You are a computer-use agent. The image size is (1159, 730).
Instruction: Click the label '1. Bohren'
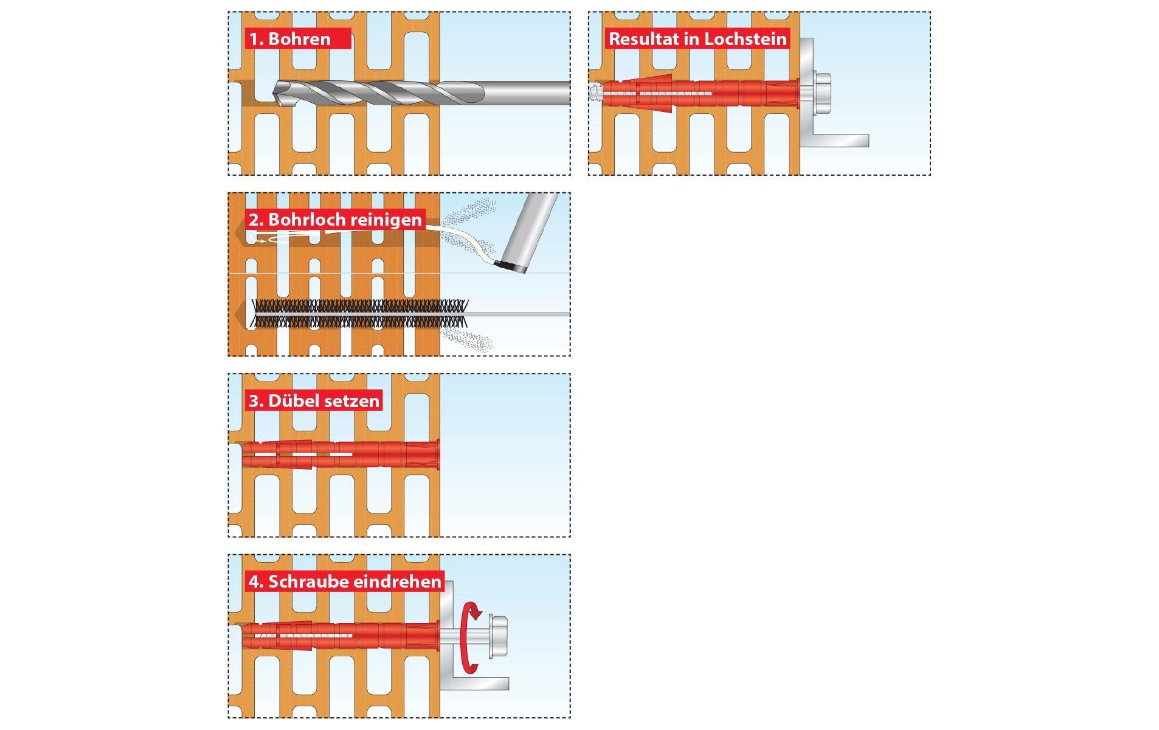tap(290, 39)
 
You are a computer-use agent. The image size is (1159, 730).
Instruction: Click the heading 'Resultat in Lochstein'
tap(697, 39)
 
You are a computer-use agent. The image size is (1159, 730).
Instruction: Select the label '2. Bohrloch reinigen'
tap(335, 220)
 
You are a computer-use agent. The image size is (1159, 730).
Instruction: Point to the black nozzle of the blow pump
tap(510, 266)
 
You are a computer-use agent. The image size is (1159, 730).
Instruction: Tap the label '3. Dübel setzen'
tap(314, 400)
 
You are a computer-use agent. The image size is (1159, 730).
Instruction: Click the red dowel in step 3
tap(341, 454)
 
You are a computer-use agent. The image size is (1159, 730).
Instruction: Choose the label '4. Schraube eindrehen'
tap(345, 582)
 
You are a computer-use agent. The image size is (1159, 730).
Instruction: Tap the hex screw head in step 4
tap(497, 637)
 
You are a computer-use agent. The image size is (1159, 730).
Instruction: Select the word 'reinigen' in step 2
tap(386, 220)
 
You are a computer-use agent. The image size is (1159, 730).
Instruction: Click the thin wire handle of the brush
tap(520, 315)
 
